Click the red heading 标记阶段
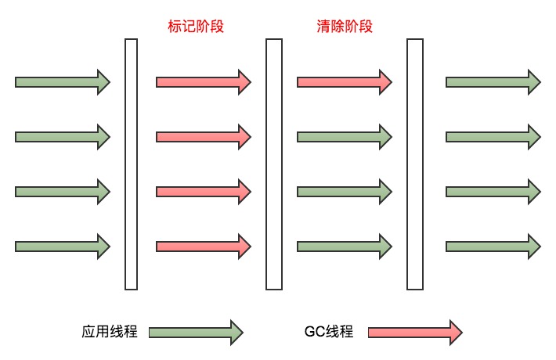click(196, 27)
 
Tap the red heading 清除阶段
click(345, 27)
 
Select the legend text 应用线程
click(110, 332)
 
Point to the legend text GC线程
click(329, 332)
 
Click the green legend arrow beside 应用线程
click(196, 333)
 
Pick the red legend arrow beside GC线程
click(415, 333)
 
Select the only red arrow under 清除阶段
click(345, 82)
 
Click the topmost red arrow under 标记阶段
click(204, 82)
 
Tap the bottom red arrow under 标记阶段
click(204, 247)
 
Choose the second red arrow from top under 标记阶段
click(204, 137)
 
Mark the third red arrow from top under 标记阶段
click(204, 192)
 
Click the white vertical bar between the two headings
click(274, 164)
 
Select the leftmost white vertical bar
click(132, 164)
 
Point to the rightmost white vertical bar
click(415, 164)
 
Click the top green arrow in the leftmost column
click(63, 82)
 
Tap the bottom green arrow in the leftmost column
click(63, 247)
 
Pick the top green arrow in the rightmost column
click(493, 82)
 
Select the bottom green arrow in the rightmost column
click(493, 247)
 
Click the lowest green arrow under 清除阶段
click(345, 247)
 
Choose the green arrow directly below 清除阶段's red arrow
click(345, 137)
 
